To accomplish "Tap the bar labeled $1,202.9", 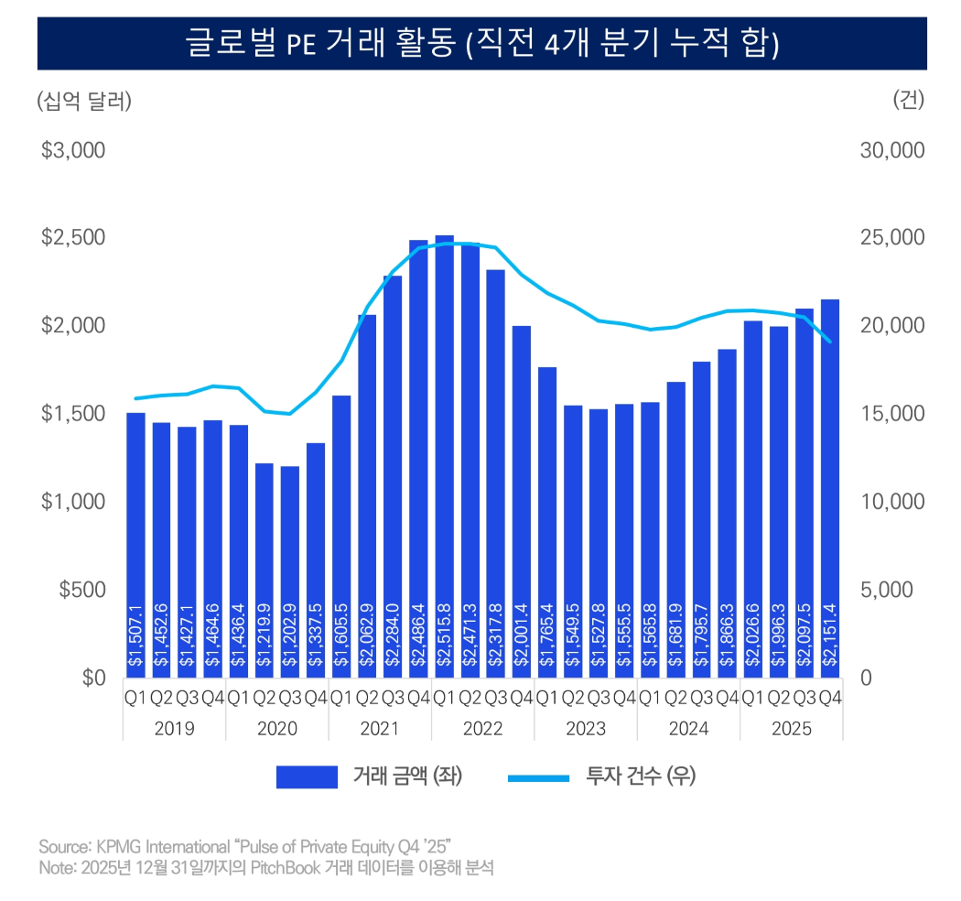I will tap(290, 568).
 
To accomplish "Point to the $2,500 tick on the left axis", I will tap(74, 238).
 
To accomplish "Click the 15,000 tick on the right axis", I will tap(892, 414).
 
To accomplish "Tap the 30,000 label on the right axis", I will tap(892, 150).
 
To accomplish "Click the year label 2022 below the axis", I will tap(482, 728).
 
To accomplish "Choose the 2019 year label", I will tap(174, 728).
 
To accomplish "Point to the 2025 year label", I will tap(791, 728).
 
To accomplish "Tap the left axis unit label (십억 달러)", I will tap(83, 101).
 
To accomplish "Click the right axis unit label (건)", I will tap(908, 101).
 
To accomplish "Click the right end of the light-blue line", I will tap(830, 342).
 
